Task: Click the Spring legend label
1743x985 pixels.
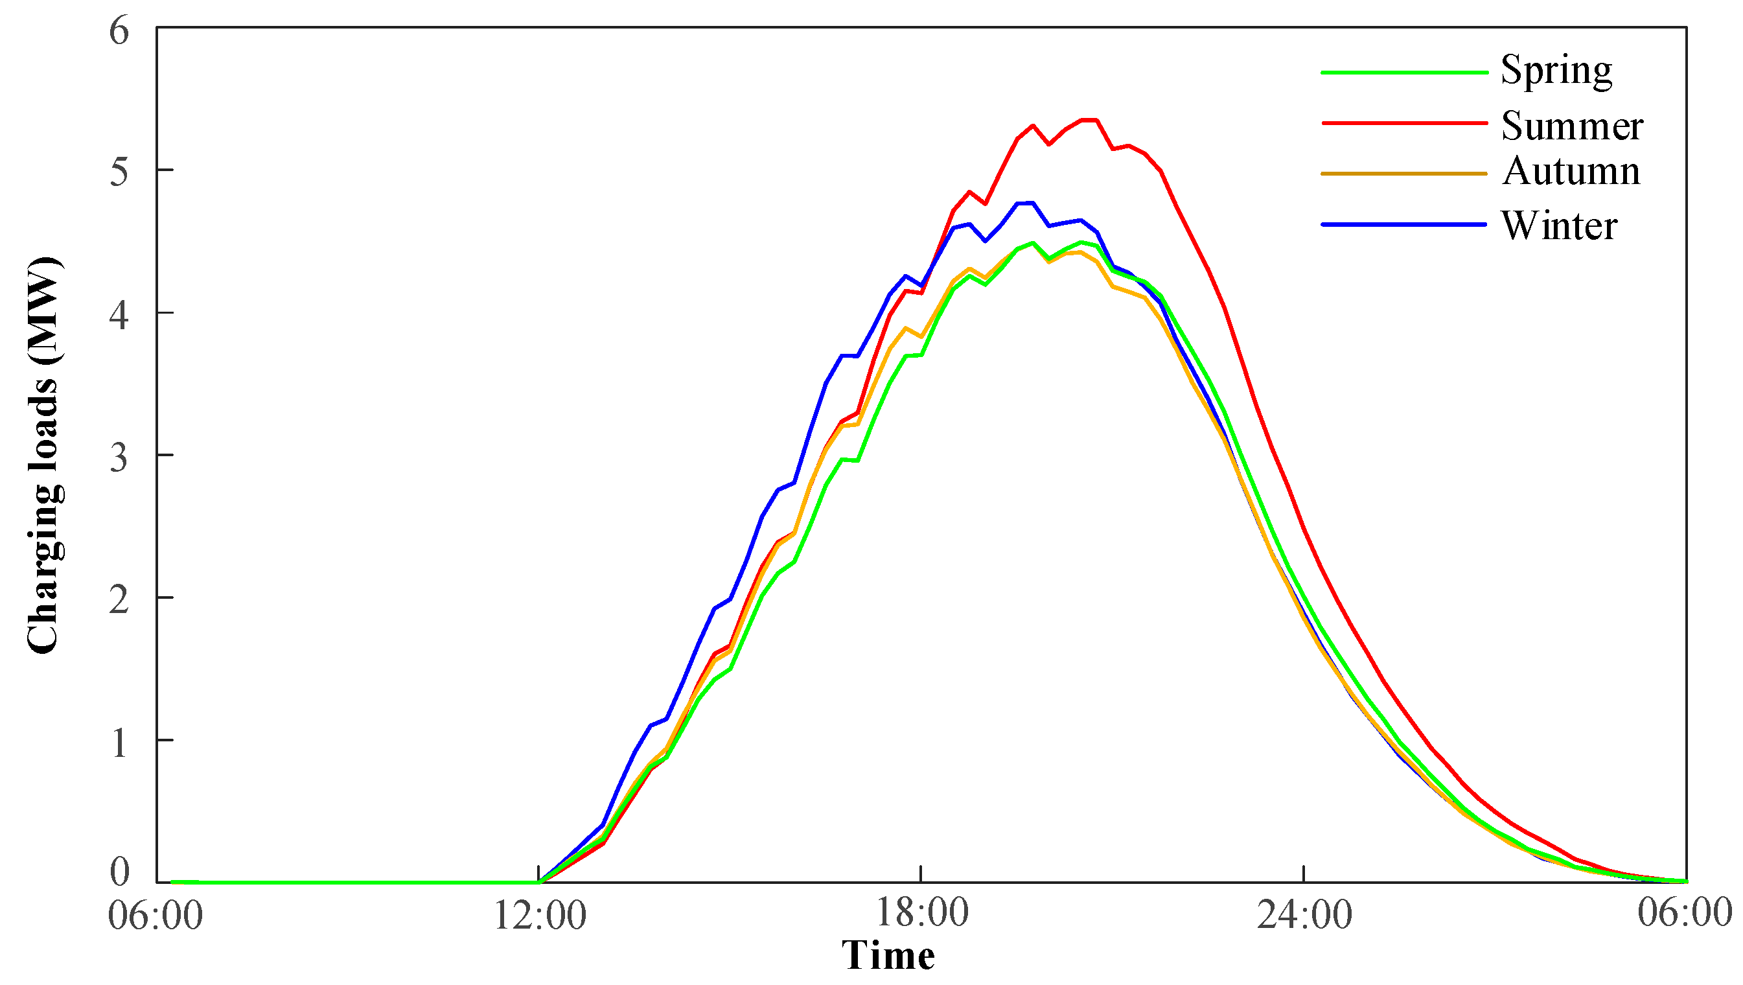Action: coord(1556,71)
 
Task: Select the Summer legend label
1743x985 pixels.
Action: coord(1571,126)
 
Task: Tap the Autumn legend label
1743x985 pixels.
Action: coord(1571,171)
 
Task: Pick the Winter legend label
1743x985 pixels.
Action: coord(1559,226)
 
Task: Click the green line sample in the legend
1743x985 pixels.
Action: coord(1404,73)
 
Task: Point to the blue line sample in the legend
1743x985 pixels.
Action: coord(1404,225)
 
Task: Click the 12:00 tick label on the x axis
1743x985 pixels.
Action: coord(539,917)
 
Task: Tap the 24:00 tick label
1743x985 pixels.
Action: coord(1304,917)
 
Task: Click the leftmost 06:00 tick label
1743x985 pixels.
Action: coord(156,917)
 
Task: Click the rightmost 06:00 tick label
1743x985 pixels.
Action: coord(1684,912)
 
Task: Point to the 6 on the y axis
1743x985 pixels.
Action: coord(119,31)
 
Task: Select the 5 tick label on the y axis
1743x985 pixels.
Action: coord(119,172)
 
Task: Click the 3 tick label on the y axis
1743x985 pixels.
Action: coord(119,459)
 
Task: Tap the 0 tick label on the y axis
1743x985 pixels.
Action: coord(119,872)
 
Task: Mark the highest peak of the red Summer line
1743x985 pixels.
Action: coord(1089,120)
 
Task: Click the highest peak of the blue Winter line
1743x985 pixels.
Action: coord(1025,202)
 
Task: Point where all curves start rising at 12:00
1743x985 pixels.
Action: coord(539,882)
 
